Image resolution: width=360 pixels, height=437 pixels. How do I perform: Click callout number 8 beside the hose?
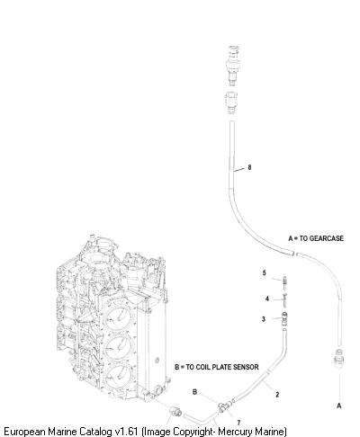249,167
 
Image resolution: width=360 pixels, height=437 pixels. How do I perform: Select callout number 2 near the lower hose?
277,395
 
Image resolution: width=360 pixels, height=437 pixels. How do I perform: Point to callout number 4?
267,299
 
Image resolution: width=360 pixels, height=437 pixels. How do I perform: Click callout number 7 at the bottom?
238,423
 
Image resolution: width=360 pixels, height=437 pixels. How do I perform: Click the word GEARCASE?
326,238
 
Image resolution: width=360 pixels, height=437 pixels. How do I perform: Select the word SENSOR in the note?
246,367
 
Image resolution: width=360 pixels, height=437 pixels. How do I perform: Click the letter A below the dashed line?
339,406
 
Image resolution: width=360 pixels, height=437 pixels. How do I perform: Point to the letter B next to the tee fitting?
194,392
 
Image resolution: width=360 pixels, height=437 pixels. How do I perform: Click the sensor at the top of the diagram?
232,65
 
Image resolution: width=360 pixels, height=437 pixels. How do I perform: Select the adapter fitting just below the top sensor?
231,103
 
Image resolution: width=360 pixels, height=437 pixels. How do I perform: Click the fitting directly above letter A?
339,358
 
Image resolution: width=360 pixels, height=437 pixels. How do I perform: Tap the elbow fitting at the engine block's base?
175,411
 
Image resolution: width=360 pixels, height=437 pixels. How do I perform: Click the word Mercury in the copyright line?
236,432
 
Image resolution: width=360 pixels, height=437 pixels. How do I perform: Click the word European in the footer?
24,432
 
